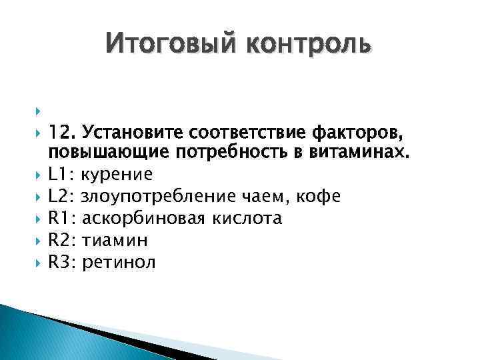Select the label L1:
[61, 175]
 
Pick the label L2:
[61, 197]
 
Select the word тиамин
[113, 240]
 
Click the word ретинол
[118, 262]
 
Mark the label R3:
[62, 262]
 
